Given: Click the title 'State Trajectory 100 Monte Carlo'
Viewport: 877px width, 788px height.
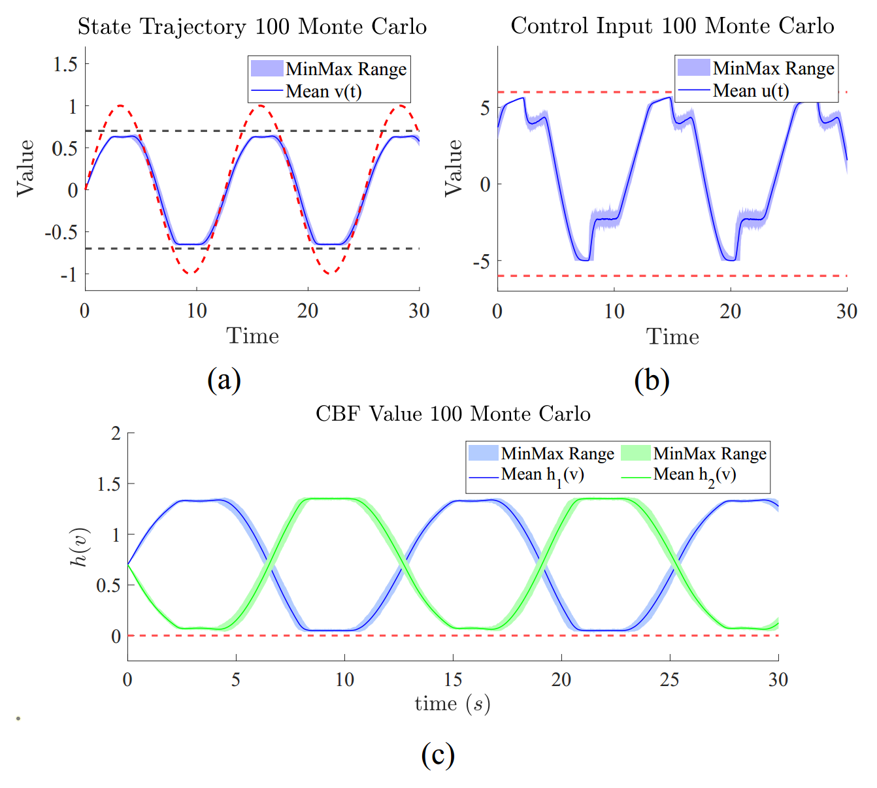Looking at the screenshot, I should coord(252,27).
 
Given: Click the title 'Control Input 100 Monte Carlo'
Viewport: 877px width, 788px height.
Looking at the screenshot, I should coord(672,26).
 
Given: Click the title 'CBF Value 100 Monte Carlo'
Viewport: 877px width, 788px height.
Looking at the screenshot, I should coord(453,414).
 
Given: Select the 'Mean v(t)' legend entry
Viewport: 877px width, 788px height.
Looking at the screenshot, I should coord(323,91).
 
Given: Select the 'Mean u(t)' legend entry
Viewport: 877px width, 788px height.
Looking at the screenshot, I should coord(751,90).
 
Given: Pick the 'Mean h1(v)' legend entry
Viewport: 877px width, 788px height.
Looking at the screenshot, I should coord(542,475).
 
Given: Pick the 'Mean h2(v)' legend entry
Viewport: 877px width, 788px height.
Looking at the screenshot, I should coord(695,475).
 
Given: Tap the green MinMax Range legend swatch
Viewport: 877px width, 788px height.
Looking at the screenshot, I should coord(635,453).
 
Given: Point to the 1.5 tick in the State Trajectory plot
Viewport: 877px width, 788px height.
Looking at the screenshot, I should coord(65,64).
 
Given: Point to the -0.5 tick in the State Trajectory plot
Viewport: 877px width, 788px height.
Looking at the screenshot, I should coord(61,232).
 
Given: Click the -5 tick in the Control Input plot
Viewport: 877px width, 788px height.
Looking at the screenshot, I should coord(483,261).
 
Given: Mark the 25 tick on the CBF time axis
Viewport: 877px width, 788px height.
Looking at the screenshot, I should coord(669,680).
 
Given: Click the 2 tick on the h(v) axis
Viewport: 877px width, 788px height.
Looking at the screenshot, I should coord(116,433).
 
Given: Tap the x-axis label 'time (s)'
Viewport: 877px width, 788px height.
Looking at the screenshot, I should coord(452,704).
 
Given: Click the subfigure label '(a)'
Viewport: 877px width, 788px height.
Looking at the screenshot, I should coord(224,379).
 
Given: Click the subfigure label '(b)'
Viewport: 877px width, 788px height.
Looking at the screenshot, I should coord(652,380).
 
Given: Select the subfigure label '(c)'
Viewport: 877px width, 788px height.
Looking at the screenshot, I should coord(438,754).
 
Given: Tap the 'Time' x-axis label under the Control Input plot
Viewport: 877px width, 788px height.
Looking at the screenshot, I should coord(672,337).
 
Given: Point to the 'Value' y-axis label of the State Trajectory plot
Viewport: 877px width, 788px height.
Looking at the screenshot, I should coord(25,167).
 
